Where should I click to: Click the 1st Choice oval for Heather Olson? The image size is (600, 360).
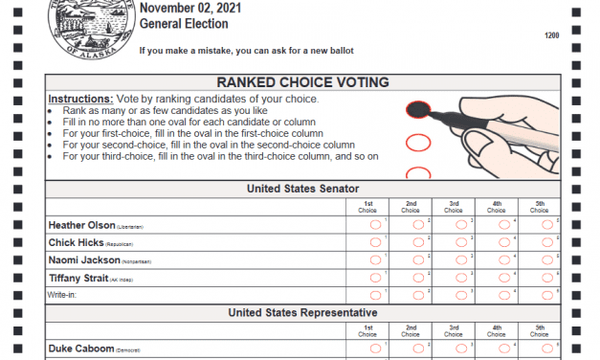(x=375, y=225)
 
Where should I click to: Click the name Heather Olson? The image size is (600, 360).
(x=80, y=225)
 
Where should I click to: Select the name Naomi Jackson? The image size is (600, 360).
(x=84, y=259)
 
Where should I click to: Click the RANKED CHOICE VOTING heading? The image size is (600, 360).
(x=301, y=82)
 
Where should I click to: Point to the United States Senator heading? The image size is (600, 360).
(x=301, y=189)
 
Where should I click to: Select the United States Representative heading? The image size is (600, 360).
(x=301, y=313)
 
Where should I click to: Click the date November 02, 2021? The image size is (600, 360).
(x=190, y=9)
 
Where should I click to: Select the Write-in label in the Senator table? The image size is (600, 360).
(x=62, y=295)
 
